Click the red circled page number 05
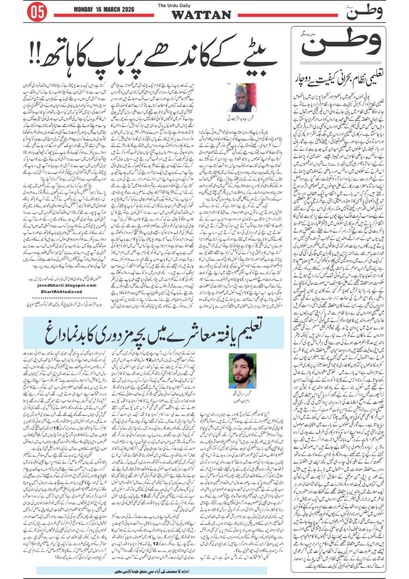tap(37, 12)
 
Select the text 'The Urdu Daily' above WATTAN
tap(174, 5)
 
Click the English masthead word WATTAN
tap(201, 15)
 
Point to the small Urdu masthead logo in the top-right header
tap(364, 12)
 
